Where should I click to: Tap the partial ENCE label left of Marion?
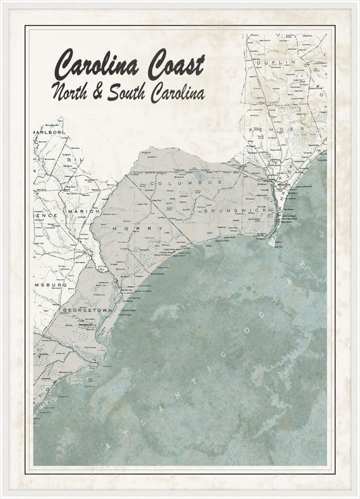click(45, 214)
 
